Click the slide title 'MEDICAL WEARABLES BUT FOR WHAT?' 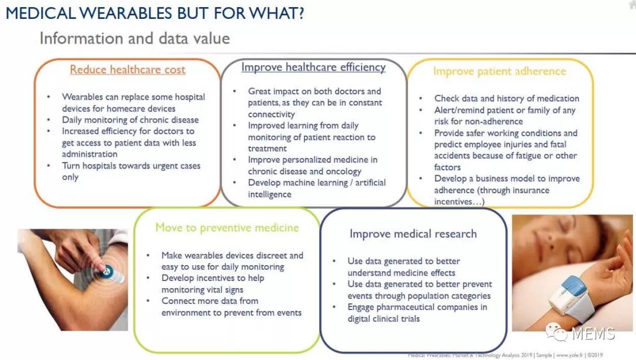coord(155,14)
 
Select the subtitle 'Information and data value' coord(135,38)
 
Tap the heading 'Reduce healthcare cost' coord(127,70)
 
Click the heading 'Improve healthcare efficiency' coord(313,67)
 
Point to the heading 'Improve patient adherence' coord(499,71)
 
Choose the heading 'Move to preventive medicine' coord(227,227)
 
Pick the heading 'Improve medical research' coord(413,234)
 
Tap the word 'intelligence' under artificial coord(270,194)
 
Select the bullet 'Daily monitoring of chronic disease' coord(130,120)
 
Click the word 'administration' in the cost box coord(90,154)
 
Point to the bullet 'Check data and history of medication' coord(506,98)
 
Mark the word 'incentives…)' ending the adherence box coord(459,202)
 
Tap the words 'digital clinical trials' coord(383,319)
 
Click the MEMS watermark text coord(593,333)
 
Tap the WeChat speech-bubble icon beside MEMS coord(556,332)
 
